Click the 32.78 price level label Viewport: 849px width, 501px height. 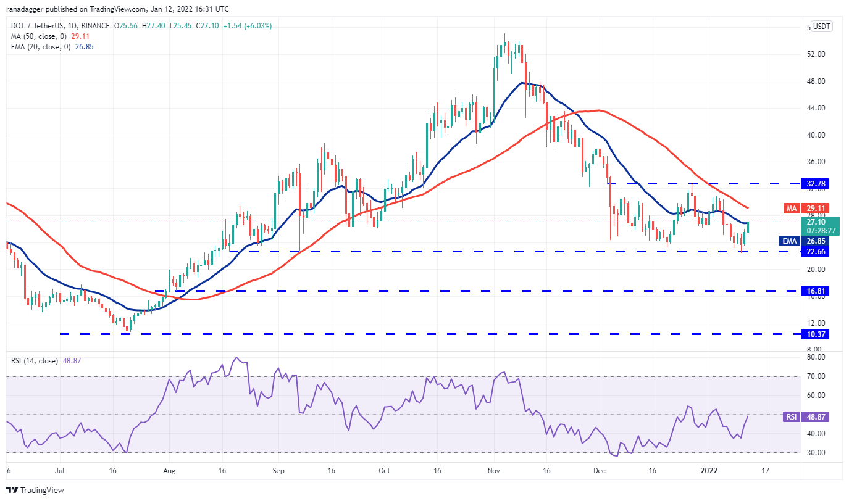pos(815,184)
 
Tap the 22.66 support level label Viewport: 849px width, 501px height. pos(815,252)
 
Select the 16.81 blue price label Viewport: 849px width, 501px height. pos(815,291)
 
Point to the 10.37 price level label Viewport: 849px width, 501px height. pos(815,334)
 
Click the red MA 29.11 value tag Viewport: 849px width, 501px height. pos(806,209)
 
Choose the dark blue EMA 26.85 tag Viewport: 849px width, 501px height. pos(805,241)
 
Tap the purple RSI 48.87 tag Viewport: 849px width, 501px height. pos(806,417)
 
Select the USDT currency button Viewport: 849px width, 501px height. pos(822,27)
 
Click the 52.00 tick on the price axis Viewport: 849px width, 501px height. pos(816,54)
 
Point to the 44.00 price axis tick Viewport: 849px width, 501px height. pos(816,108)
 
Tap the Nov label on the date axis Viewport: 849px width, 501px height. pos(494,471)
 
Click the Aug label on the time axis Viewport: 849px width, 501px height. pos(169,471)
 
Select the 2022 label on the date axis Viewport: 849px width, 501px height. pos(709,471)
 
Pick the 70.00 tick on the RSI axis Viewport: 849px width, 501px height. pos(816,376)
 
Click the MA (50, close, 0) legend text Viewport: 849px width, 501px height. pos(39,36)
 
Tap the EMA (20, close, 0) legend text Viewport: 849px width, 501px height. pos(41,47)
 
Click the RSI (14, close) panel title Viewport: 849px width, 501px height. pos(35,361)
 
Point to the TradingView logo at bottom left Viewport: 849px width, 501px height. pos(35,490)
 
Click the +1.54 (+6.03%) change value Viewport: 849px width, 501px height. pos(247,26)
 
